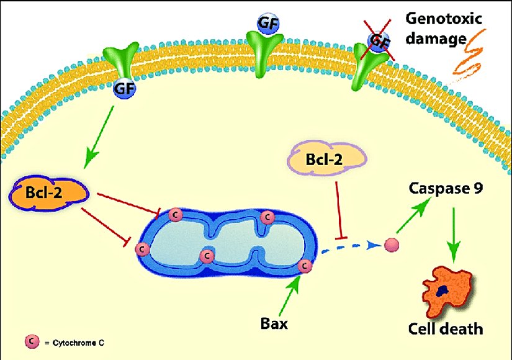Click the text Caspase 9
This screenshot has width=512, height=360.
tap(436, 186)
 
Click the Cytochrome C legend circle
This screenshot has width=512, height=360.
tap(29, 341)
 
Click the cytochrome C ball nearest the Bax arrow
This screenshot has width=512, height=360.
tap(304, 266)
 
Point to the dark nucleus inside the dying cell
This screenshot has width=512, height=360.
tap(442, 290)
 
